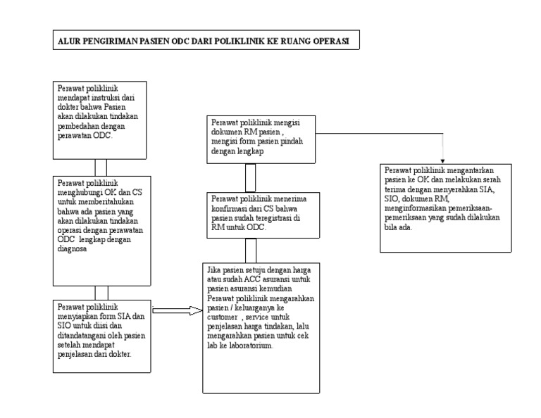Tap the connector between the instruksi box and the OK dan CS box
[101, 167]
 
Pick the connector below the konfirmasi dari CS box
[250, 250]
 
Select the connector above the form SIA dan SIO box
[101, 292]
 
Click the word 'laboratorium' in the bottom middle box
[247, 347]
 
